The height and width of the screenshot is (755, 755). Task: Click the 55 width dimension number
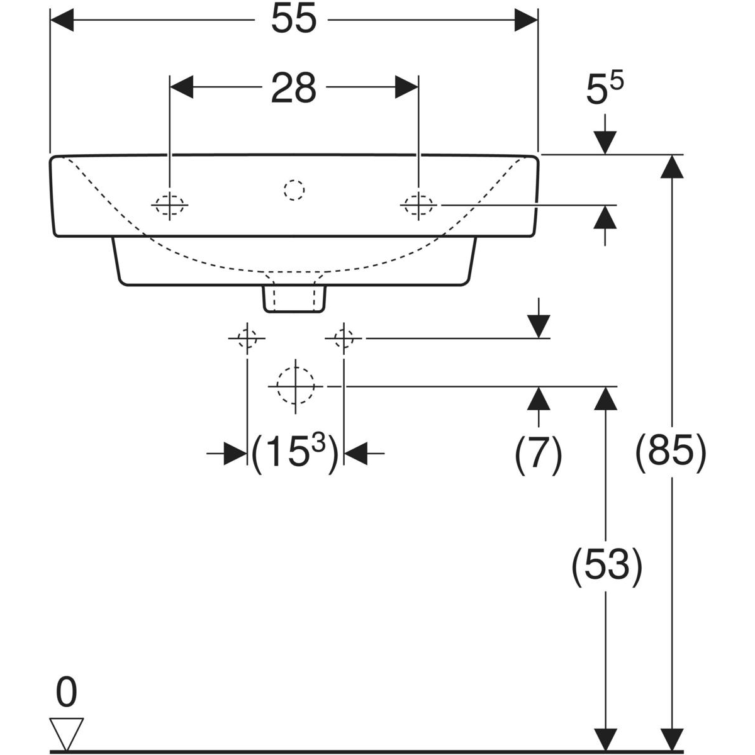point(294,20)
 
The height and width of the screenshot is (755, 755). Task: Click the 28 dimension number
point(294,87)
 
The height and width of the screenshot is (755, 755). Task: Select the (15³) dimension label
point(294,453)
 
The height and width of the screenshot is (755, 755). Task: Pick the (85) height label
point(671,452)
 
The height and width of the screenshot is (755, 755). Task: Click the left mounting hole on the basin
point(170,205)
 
